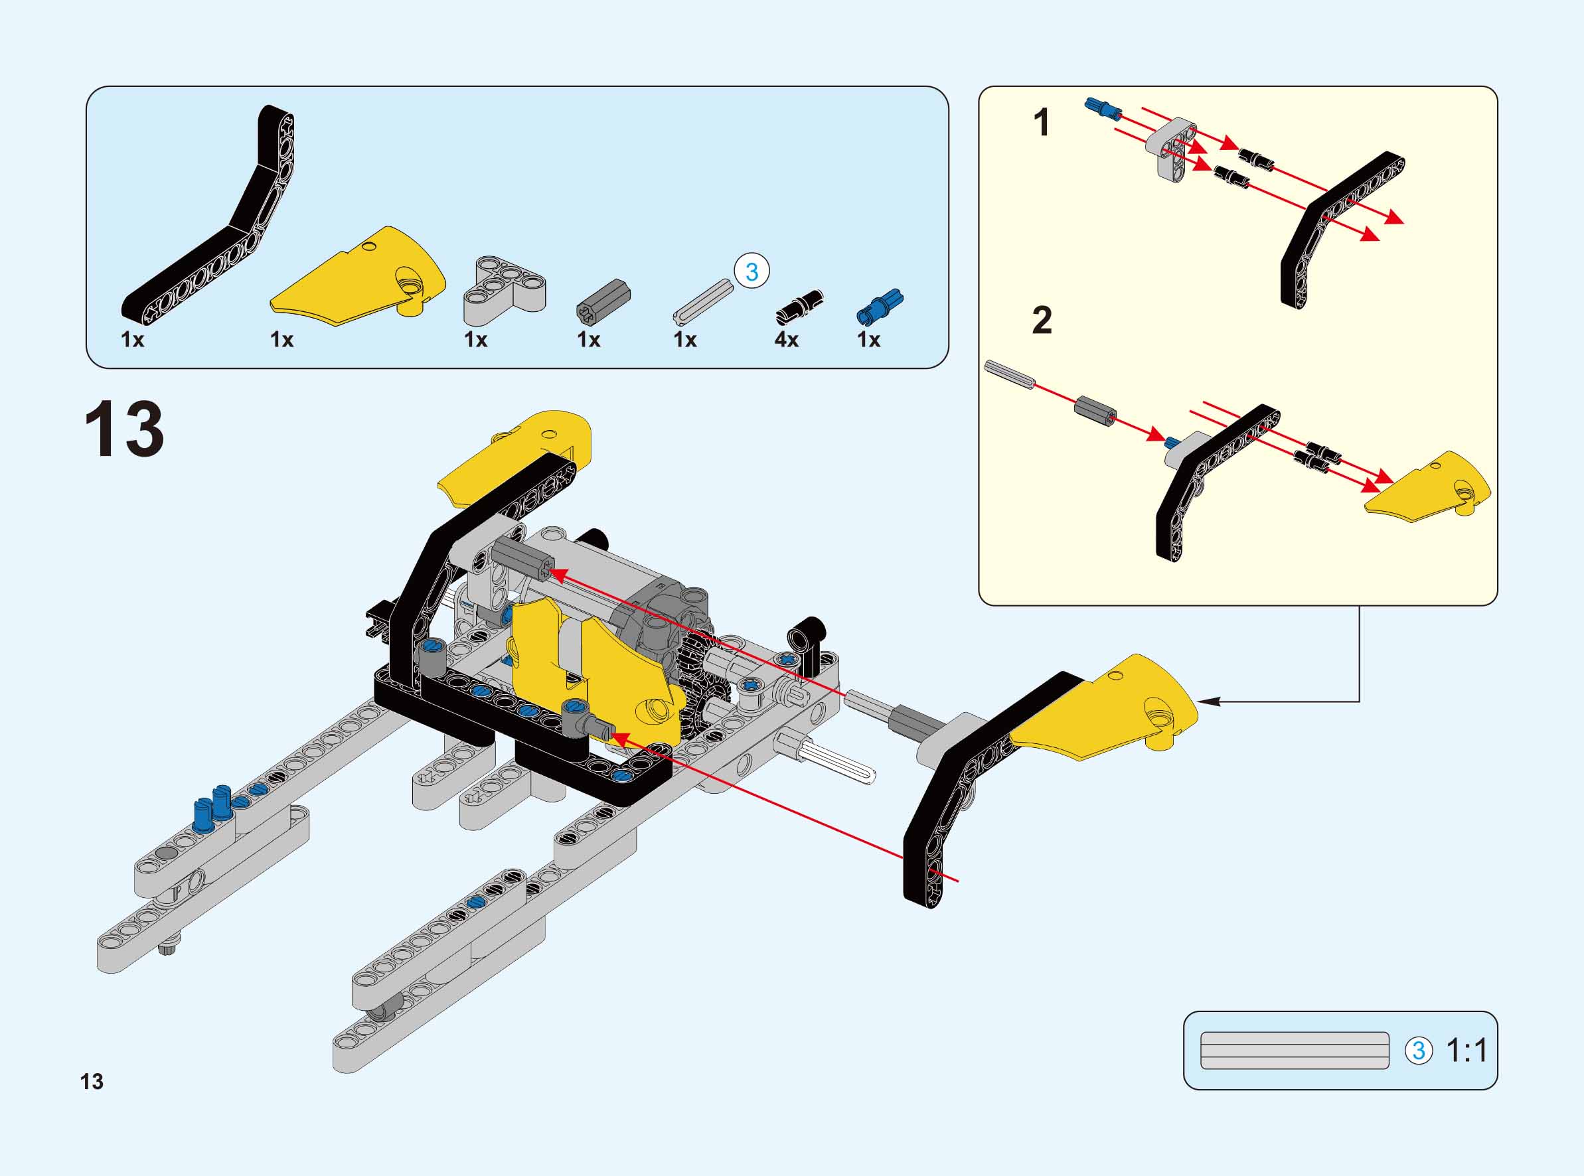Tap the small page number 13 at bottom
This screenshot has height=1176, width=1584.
pos(92,1081)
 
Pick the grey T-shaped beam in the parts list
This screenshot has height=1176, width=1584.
pos(505,290)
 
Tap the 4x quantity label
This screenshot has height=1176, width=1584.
pos(786,340)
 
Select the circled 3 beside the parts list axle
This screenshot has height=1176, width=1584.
pos(752,271)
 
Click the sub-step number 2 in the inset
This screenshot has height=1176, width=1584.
pos(1042,321)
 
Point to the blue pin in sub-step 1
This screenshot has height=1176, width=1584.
pos(1103,109)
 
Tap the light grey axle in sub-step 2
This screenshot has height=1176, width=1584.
pos(1008,374)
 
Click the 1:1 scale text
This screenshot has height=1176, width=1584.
pos(1467,1051)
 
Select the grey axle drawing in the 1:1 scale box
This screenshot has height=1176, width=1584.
pos(1295,1051)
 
